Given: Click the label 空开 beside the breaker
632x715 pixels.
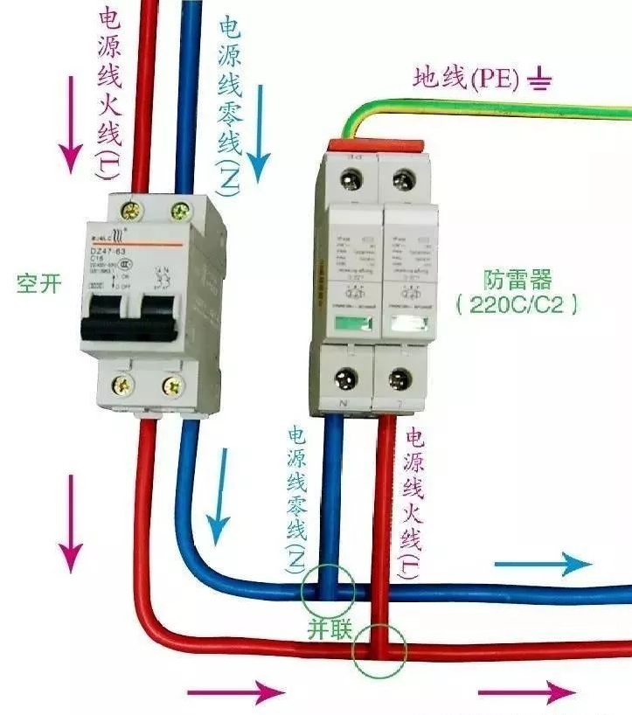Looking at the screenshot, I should (38, 284).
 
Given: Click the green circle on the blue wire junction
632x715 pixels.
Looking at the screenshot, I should (328, 590).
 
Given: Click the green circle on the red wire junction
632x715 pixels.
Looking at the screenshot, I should (379, 650).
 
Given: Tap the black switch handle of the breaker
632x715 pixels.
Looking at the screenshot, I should (132, 316).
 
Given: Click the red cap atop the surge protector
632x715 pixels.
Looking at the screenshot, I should (376, 144).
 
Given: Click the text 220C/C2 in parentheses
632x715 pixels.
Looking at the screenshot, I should (517, 306).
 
